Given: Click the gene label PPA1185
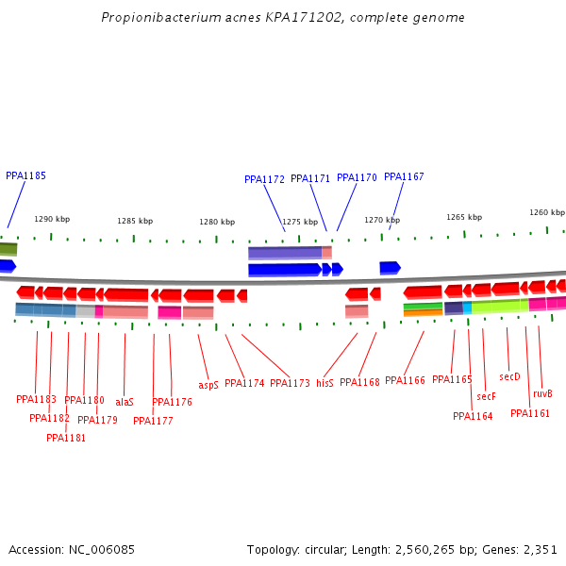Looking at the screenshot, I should (x=25, y=175).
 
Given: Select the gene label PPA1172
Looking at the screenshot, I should (x=264, y=179).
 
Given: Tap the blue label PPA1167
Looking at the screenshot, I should (x=404, y=176).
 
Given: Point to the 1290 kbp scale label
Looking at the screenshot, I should (x=52, y=219).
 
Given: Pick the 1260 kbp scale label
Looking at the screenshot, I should (x=546, y=212).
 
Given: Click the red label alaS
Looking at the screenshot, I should (x=125, y=401).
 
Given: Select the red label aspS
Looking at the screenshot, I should (x=208, y=385).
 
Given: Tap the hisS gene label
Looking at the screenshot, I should (x=325, y=383).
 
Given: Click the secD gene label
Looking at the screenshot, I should (x=509, y=376).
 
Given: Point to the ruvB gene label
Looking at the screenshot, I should (x=542, y=393).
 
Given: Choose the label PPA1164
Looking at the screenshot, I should (x=473, y=416).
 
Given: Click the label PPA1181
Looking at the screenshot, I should (x=66, y=438).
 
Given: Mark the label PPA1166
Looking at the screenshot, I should (x=405, y=380).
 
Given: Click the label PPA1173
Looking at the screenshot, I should (x=290, y=383).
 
